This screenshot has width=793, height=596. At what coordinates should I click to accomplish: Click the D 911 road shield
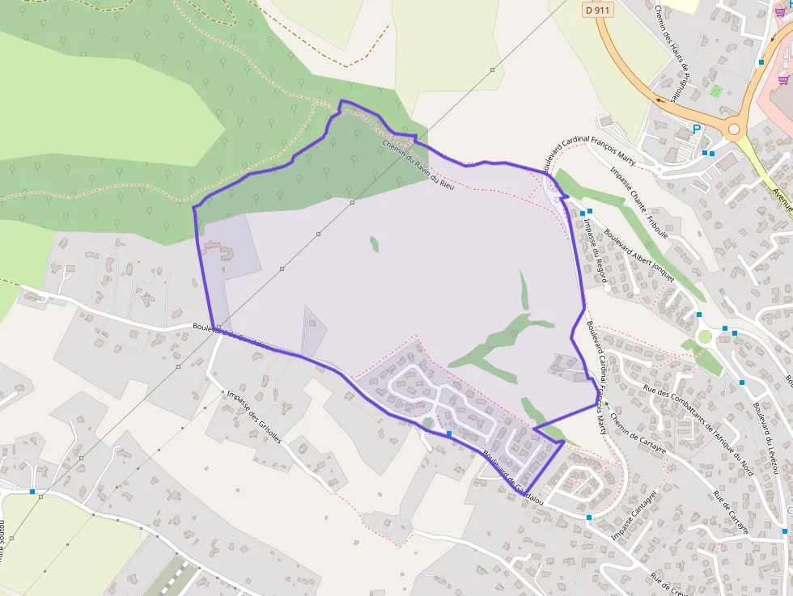pos(597,9)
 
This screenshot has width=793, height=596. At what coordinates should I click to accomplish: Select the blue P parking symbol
pos(696,129)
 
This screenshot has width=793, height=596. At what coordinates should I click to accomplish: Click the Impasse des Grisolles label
pos(254,416)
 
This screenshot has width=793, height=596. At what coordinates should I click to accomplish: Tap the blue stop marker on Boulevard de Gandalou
pos(449,433)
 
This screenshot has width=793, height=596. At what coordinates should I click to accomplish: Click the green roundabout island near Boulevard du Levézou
pos(705,336)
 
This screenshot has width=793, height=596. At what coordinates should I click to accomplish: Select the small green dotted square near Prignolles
pos(715,91)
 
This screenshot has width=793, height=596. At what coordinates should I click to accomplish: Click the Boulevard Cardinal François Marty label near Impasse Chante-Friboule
pos(590,154)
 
